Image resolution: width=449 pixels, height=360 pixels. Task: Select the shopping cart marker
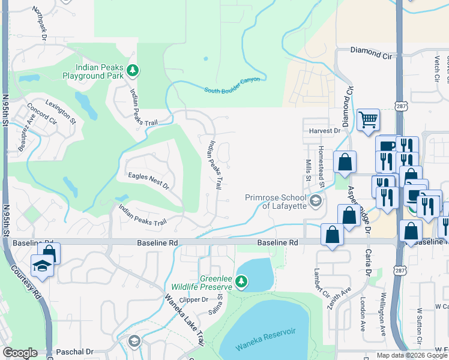pos(367,119)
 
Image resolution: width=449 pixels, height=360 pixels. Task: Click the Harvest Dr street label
pos(325,130)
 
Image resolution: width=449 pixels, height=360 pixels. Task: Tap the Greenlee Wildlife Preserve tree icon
pos(241,281)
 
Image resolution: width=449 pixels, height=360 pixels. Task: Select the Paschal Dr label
pos(75,352)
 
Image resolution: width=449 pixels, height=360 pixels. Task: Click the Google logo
pos(20,353)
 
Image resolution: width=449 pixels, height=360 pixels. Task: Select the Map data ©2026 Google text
pos(411,355)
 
